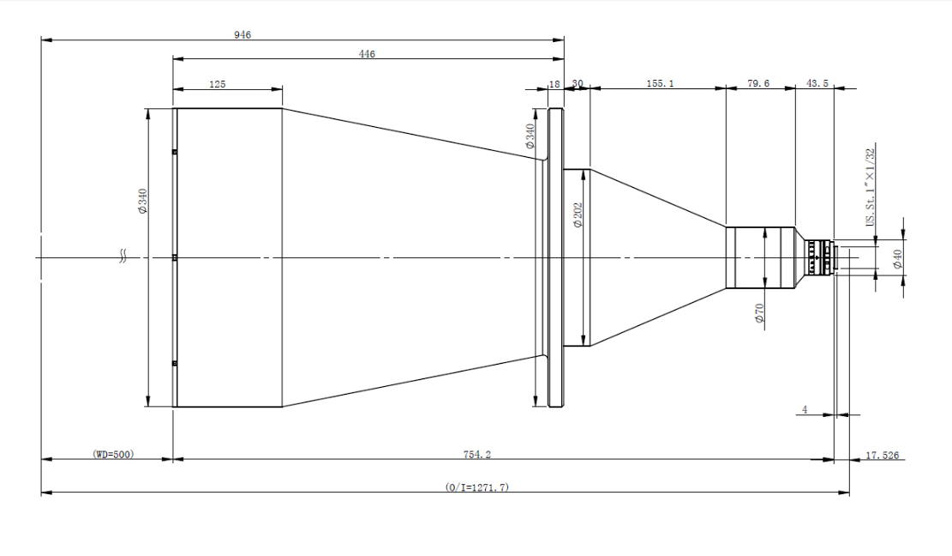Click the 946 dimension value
[242, 35]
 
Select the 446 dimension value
[367, 54]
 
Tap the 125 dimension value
[218, 84]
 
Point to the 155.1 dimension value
[660, 83]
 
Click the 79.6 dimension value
[758, 83]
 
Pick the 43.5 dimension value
[817, 83]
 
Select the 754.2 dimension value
[476, 455]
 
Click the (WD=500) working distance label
[113, 455]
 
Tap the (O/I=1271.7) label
[476, 487]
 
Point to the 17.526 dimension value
[883, 455]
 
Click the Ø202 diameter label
[578, 215]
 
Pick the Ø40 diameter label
[897, 259]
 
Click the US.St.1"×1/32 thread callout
[871, 187]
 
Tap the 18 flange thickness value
[554, 84]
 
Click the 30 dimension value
[578, 83]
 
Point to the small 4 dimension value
[805, 409]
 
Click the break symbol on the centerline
[123, 257]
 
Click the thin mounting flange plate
[555, 257]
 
